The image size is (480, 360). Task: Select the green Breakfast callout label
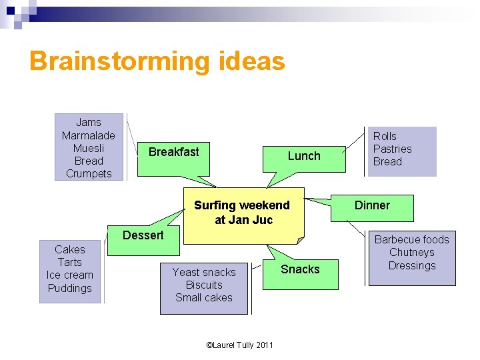tap(173, 152)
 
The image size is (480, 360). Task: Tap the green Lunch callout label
tap(304, 156)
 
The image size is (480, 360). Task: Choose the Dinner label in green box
tap(372, 205)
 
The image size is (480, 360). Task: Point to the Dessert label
tap(143, 235)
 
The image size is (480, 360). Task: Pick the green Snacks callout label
tap(300, 269)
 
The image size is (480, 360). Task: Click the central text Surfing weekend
tap(241, 205)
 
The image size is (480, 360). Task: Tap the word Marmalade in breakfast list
tap(88, 135)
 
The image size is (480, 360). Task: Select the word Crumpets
tap(88, 174)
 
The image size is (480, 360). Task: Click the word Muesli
tap(88, 148)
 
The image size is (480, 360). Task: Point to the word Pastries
tap(392, 149)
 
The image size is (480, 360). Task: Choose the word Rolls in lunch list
tap(385, 136)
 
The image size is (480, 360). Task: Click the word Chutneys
tap(411, 252)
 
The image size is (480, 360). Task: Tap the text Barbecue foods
tap(411, 239)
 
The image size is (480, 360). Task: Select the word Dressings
tap(411, 265)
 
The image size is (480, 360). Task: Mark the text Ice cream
tap(70, 275)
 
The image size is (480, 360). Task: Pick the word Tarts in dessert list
tap(70, 263)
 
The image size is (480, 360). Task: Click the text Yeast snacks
tap(204, 272)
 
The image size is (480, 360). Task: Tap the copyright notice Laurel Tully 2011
tap(240, 345)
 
